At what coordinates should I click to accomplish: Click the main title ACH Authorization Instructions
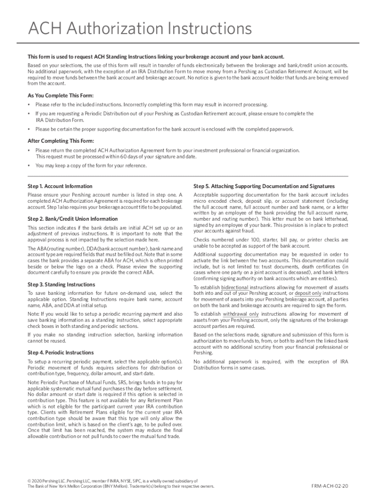[140, 30]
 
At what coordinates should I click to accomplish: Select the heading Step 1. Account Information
[60, 186]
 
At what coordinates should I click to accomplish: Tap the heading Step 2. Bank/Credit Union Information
[73, 219]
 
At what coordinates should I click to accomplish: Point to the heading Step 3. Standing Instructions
[62, 284]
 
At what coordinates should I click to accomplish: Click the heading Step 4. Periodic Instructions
[61, 352]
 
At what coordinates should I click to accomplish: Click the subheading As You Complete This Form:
[61, 95]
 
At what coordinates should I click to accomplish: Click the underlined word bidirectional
[234, 288]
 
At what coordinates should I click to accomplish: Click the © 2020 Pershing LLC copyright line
[112, 480]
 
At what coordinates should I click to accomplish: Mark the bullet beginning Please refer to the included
[151, 105]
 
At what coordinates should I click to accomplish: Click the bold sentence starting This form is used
[155, 57]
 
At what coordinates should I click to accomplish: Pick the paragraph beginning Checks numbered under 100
[271, 243]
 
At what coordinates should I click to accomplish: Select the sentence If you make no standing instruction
[105, 338]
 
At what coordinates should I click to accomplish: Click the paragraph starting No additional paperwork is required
[271, 365]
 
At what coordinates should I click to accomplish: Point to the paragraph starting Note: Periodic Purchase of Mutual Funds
[105, 409]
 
